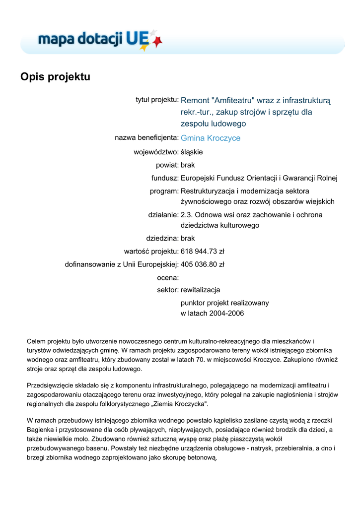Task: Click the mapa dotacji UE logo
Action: (x=99, y=39)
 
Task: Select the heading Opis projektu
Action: (x=55, y=77)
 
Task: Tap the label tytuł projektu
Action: (x=157, y=100)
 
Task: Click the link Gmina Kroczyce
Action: (x=211, y=138)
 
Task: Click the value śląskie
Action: (x=192, y=152)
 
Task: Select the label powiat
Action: (x=167, y=165)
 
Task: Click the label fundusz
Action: (x=165, y=178)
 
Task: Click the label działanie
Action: (x=163, y=215)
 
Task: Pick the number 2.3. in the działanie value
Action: (x=187, y=215)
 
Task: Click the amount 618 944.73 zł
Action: (x=203, y=251)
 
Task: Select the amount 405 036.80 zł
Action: (x=203, y=264)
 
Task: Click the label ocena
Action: (x=168, y=278)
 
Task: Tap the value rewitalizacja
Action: (x=201, y=290)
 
